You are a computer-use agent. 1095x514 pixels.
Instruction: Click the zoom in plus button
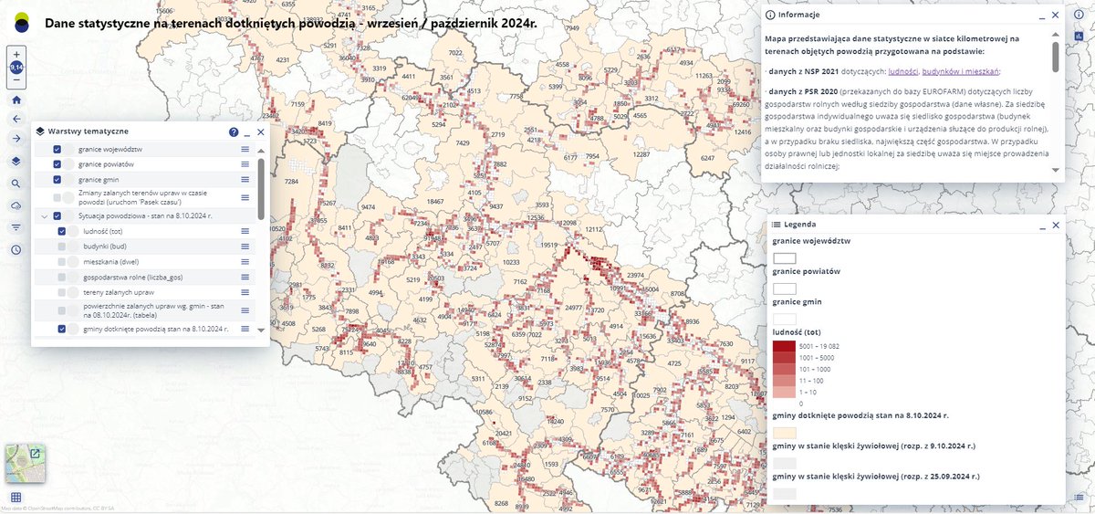[x=16, y=55]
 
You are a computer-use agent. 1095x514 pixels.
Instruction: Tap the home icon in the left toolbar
[x=16, y=100]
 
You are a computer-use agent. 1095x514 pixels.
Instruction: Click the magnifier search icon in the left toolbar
[x=16, y=184]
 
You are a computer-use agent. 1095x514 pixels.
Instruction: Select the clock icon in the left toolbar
[x=16, y=249]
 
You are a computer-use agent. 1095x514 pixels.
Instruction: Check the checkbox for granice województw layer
[x=57, y=149]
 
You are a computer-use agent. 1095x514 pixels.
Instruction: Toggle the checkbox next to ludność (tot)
[x=62, y=231]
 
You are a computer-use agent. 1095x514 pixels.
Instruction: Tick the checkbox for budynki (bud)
[x=62, y=247]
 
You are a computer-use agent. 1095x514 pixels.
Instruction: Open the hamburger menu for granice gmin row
[x=245, y=180]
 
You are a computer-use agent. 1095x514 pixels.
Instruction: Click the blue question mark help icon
[x=234, y=131]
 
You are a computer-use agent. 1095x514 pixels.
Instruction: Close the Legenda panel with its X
[x=1056, y=224]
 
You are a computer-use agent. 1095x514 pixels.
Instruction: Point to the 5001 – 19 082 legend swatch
[x=784, y=346]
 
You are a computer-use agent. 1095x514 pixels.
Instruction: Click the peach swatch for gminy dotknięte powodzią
[x=784, y=434]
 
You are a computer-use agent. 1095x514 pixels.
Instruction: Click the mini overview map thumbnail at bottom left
[x=24, y=462]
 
